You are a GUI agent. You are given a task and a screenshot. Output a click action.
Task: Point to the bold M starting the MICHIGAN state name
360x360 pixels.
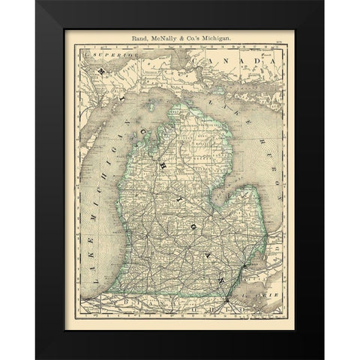pos(100,70)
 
